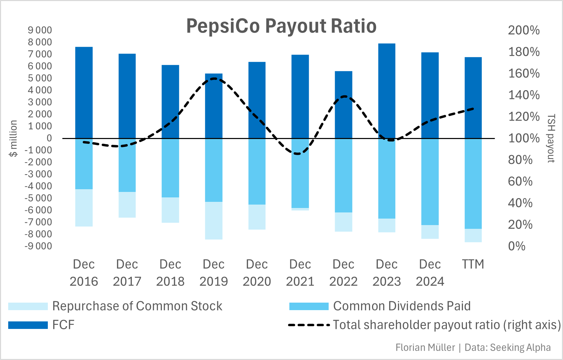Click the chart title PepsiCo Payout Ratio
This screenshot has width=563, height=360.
coord(281,26)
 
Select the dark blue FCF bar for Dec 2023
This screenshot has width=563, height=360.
coord(387,91)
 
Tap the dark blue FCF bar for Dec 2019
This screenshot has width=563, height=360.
coord(214,106)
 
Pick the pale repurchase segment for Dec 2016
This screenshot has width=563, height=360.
coord(84,208)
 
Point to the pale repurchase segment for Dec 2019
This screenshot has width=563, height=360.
coord(214,220)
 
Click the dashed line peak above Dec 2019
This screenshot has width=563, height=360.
coord(214,79)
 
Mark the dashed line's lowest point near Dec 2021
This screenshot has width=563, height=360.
coord(298,154)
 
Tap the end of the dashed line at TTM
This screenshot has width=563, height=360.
coord(473,109)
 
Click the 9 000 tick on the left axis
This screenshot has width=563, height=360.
coord(40,30)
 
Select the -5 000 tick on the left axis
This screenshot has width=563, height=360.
coord(39,198)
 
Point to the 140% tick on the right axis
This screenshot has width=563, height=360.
coord(524,95)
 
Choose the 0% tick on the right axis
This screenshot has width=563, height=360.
coord(517,246)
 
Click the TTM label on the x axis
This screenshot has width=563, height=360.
coord(473,264)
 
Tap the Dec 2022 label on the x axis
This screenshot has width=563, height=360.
coord(343,273)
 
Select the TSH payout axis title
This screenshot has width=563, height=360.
coord(551,138)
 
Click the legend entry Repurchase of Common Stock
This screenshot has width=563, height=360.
coord(137,306)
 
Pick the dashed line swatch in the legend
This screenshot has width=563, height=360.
coord(309,325)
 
